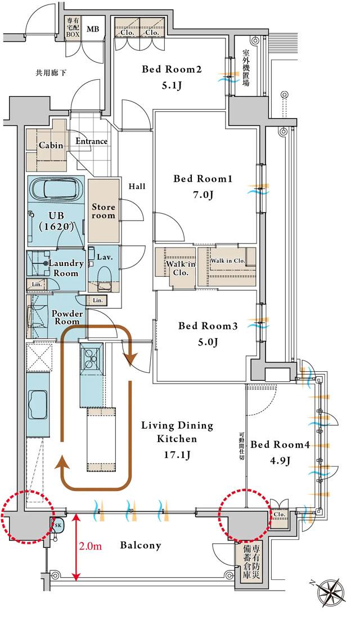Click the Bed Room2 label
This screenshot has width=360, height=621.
[x=172, y=70]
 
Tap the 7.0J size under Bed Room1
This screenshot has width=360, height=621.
[x=202, y=195]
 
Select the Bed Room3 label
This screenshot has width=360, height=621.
[x=208, y=326]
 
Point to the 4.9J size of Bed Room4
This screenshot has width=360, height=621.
[x=280, y=461]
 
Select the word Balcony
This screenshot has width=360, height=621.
[x=141, y=545]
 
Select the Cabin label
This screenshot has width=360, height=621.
[x=51, y=145]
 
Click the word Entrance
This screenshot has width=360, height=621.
[x=92, y=141]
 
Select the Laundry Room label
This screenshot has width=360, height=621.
[x=66, y=268]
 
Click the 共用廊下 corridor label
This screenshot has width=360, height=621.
[x=51, y=73]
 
